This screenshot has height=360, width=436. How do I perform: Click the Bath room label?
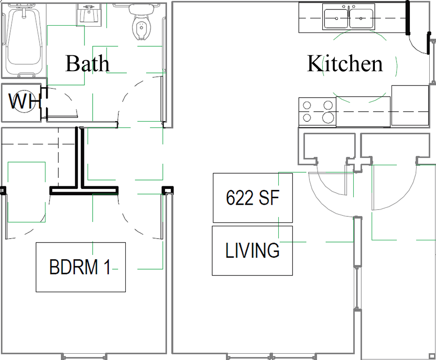coord(87,63)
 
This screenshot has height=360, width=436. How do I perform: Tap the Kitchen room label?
coord(345,63)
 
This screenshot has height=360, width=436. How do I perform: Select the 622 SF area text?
coord(253,198)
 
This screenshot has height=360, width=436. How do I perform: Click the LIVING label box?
coord(252,251)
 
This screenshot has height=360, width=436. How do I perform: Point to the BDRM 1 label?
coord(80,267)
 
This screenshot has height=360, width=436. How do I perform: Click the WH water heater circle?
coord(24,101)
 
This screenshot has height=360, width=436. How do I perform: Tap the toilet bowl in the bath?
coord(142,28)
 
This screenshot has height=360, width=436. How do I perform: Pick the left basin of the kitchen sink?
coord(336,18)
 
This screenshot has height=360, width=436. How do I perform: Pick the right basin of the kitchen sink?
coord(361,18)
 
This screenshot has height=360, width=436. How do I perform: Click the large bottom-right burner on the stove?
coord(328,117)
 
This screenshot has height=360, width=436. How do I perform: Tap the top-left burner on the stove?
coord(307,105)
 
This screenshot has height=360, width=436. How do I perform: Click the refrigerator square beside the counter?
coord(410,105)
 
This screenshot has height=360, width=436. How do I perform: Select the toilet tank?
coord(142,9)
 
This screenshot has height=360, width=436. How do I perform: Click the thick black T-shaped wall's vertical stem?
coord(80,157)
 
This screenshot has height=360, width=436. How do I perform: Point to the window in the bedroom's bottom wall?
coord(84,356)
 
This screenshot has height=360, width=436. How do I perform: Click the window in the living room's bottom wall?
coord(271,356)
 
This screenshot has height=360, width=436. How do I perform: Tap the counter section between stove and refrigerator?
coord(363,111)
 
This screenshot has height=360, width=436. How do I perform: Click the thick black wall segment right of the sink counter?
coord(408,18)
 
